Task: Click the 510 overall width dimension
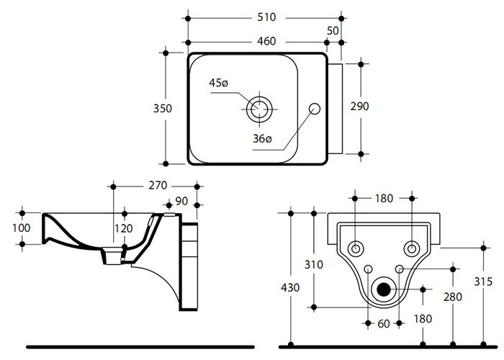point(264,17)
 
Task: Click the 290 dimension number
point(360,107)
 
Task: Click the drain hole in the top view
point(259,109)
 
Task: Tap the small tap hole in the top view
point(314,109)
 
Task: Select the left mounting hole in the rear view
point(356,248)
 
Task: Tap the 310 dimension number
point(315,265)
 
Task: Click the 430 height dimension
point(289,286)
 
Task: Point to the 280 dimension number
point(452,297)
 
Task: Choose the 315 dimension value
point(483,281)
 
